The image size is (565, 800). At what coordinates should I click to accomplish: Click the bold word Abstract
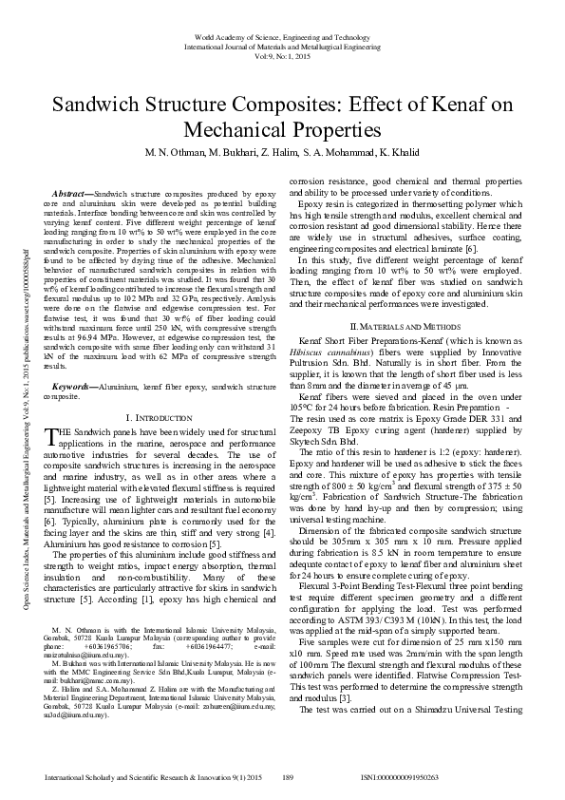[73, 192]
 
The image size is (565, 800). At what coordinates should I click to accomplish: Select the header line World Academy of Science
[283, 35]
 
